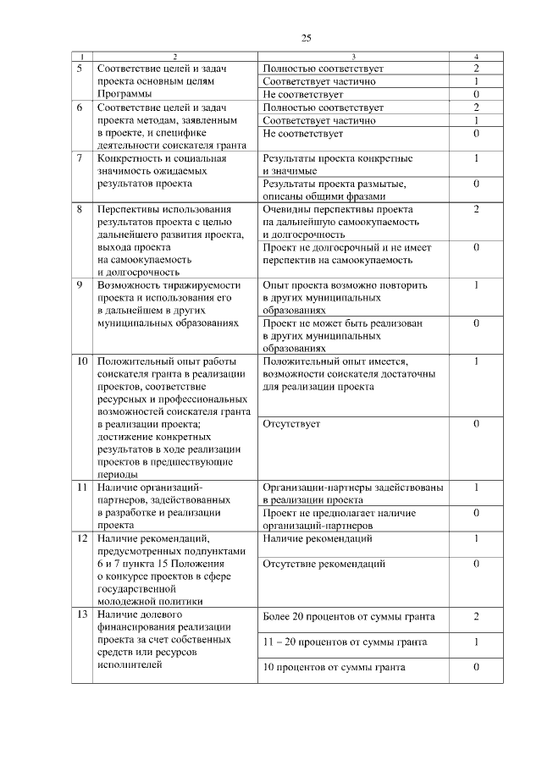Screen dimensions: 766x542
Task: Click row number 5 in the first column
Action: [80, 67]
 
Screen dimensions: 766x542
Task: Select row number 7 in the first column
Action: [80, 158]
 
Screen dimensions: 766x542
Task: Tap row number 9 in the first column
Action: [80, 285]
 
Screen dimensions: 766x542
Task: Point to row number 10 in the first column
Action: [82, 361]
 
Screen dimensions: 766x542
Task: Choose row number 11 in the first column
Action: [82, 488]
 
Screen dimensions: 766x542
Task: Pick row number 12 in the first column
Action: [82, 538]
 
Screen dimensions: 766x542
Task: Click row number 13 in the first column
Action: [82, 614]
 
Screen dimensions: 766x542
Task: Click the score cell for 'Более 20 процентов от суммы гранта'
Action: [477, 616]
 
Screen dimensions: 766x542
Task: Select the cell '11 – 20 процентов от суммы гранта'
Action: [345, 642]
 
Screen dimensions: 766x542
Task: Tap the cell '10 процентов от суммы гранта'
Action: [335, 667]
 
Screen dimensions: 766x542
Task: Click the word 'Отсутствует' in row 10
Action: [291, 424]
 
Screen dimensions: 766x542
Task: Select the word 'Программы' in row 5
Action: [125, 94]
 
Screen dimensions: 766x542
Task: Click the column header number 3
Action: [353, 56]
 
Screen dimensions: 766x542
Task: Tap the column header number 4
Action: [477, 56]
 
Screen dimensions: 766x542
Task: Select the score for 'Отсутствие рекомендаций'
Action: [477, 563]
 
